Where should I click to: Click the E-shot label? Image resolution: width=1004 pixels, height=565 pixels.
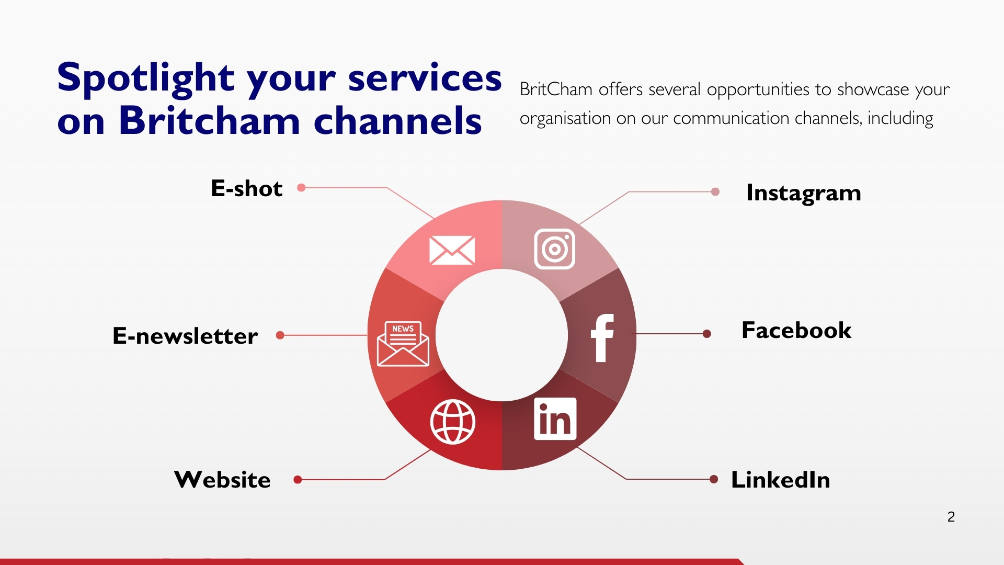[246, 188]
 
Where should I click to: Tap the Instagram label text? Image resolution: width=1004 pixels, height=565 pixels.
[803, 193]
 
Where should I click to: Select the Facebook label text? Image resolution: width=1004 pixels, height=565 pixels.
[796, 331]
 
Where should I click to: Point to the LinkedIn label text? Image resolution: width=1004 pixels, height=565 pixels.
[780, 480]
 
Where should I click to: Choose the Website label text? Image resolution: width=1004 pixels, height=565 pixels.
[223, 480]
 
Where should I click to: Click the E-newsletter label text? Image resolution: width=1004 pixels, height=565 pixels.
[185, 336]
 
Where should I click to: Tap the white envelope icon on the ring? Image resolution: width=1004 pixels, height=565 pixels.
[452, 250]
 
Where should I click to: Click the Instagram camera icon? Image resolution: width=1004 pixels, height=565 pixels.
[554, 249]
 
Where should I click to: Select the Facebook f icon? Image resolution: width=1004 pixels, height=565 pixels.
[602, 338]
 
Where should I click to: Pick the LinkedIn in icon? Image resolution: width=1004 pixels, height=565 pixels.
[555, 419]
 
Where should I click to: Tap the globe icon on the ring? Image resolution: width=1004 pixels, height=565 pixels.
[453, 422]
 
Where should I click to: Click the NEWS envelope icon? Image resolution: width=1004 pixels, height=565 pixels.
[403, 344]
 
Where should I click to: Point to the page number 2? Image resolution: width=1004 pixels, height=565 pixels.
[951, 517]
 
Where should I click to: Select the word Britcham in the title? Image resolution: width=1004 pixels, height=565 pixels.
[209, 121]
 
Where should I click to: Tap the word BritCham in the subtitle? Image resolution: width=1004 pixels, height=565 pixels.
[556, 89]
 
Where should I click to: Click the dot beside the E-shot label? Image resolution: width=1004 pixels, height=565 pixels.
[301, 187]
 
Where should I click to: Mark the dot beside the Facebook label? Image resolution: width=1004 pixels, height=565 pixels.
[707, 334]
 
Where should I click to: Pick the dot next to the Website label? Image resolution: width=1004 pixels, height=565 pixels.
[298, 480]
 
